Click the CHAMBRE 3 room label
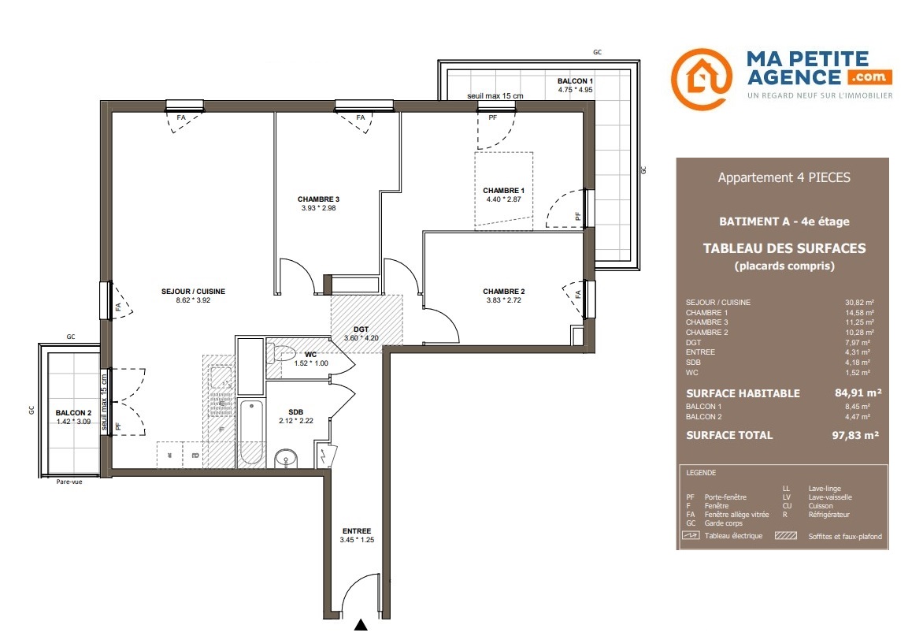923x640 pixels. [x=318, y=199]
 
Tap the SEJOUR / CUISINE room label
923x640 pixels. [x=193, y=291]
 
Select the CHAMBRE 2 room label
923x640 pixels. [x=504, y=291]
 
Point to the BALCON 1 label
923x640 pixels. [x=575, y=81]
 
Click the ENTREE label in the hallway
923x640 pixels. [x=357, y=531]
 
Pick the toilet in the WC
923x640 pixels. [x=281, y=354]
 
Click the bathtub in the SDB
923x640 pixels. [x=251, y=432]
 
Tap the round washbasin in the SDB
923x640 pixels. [x=286, y=458]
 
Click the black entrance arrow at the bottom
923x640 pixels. [x=361, y=625]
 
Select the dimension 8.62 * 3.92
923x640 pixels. [x=193, y=300]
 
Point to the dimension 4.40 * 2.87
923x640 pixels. [x=504, y=199]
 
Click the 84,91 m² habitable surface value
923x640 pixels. [x=858, y=393]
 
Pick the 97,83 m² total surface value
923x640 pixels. [x=855, y=436]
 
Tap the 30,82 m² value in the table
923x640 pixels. [x=859, y=303]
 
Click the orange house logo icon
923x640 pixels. [x=702, y=79]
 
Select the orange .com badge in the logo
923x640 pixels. [x=870, y=76]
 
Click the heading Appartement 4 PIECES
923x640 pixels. [x=784, y=177]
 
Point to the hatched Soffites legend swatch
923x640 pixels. [x=786, y=536]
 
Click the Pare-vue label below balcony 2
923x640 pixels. [x=69, y=482]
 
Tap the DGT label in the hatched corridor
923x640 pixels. [x=361, y=329]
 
